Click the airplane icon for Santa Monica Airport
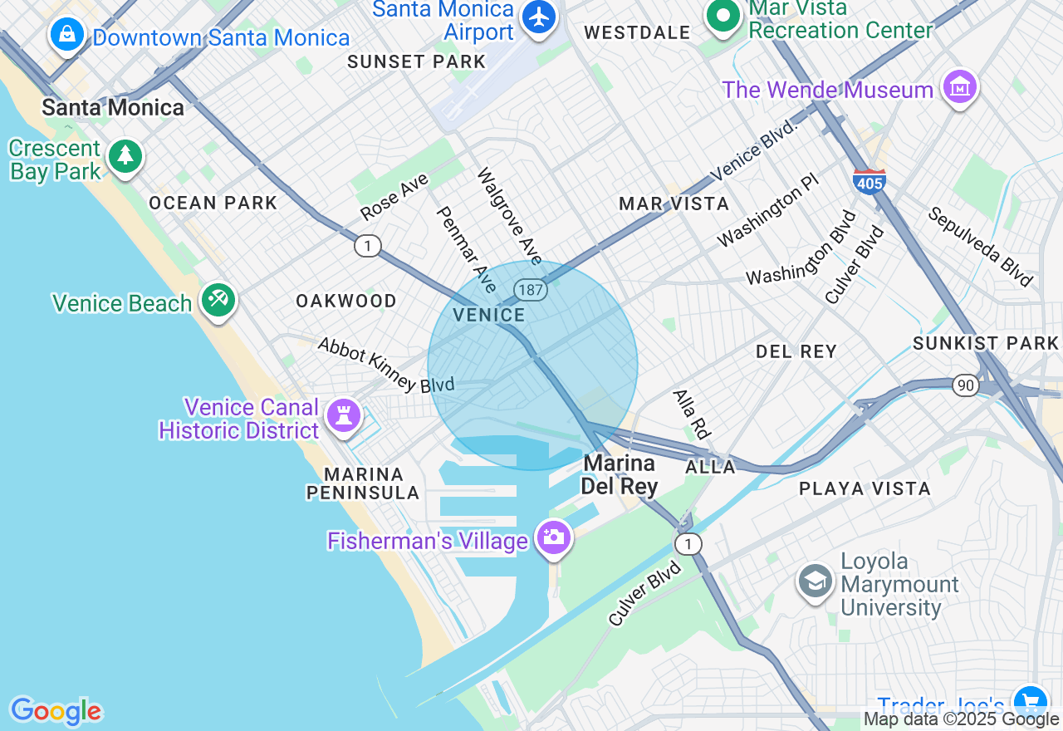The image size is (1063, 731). click(540, 16)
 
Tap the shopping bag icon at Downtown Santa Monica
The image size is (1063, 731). click(65, 34)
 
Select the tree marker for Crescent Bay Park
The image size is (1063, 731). click(125, 155)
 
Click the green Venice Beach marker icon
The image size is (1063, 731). click(218, 299)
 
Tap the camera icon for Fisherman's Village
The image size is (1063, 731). click(553, 537)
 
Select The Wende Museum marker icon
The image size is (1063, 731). click(959, 86)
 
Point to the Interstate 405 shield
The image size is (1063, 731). click(869, 179)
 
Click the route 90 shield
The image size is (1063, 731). click(965, 385)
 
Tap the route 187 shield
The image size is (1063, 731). click(530, 290)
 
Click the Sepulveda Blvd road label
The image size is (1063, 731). click(980, 246)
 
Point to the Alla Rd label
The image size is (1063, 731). click(693, 414)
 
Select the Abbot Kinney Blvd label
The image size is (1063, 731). click(386, 365)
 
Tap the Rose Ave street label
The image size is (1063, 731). click(394, 197)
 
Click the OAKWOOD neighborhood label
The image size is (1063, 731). click(346, 301)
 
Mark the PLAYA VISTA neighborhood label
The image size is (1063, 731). click(865, 488)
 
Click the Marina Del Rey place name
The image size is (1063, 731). click(620, 474)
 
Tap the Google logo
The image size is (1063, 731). click(56, 711)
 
